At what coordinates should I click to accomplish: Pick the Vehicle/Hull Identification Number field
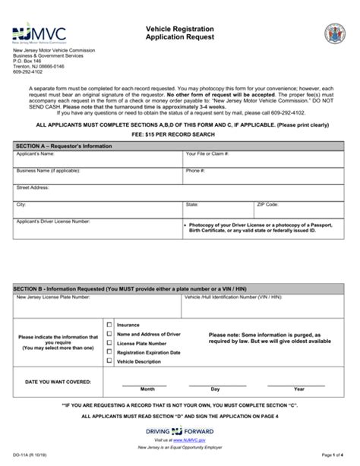tap(263, 304)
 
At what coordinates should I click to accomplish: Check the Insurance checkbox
tap(109, 324)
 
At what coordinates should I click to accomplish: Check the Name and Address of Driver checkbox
tap(109, 333)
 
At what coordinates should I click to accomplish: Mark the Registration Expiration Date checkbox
tap(109, 352)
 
